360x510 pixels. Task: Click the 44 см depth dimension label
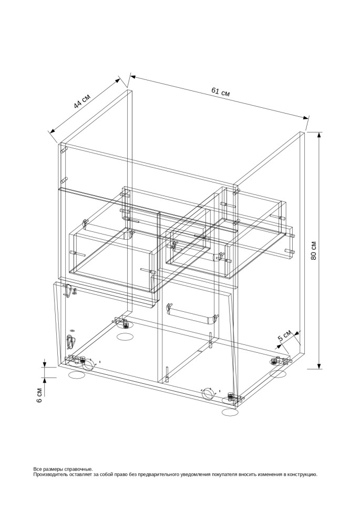click(x=81, y=101)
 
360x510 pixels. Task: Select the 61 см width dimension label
click(x=221, y=91)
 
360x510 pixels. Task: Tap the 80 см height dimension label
click(x=314, y=250)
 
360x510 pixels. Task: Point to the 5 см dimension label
click(x=284, y=335)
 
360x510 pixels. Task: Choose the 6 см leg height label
click(x=39, y=395)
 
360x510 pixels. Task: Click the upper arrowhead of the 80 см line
click(x=320, y=137)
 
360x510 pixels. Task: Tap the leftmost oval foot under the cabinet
click(x=77, y=375)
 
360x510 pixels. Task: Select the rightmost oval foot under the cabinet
click(x=279, y=374)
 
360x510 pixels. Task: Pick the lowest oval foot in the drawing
click(x=230, y=412)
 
